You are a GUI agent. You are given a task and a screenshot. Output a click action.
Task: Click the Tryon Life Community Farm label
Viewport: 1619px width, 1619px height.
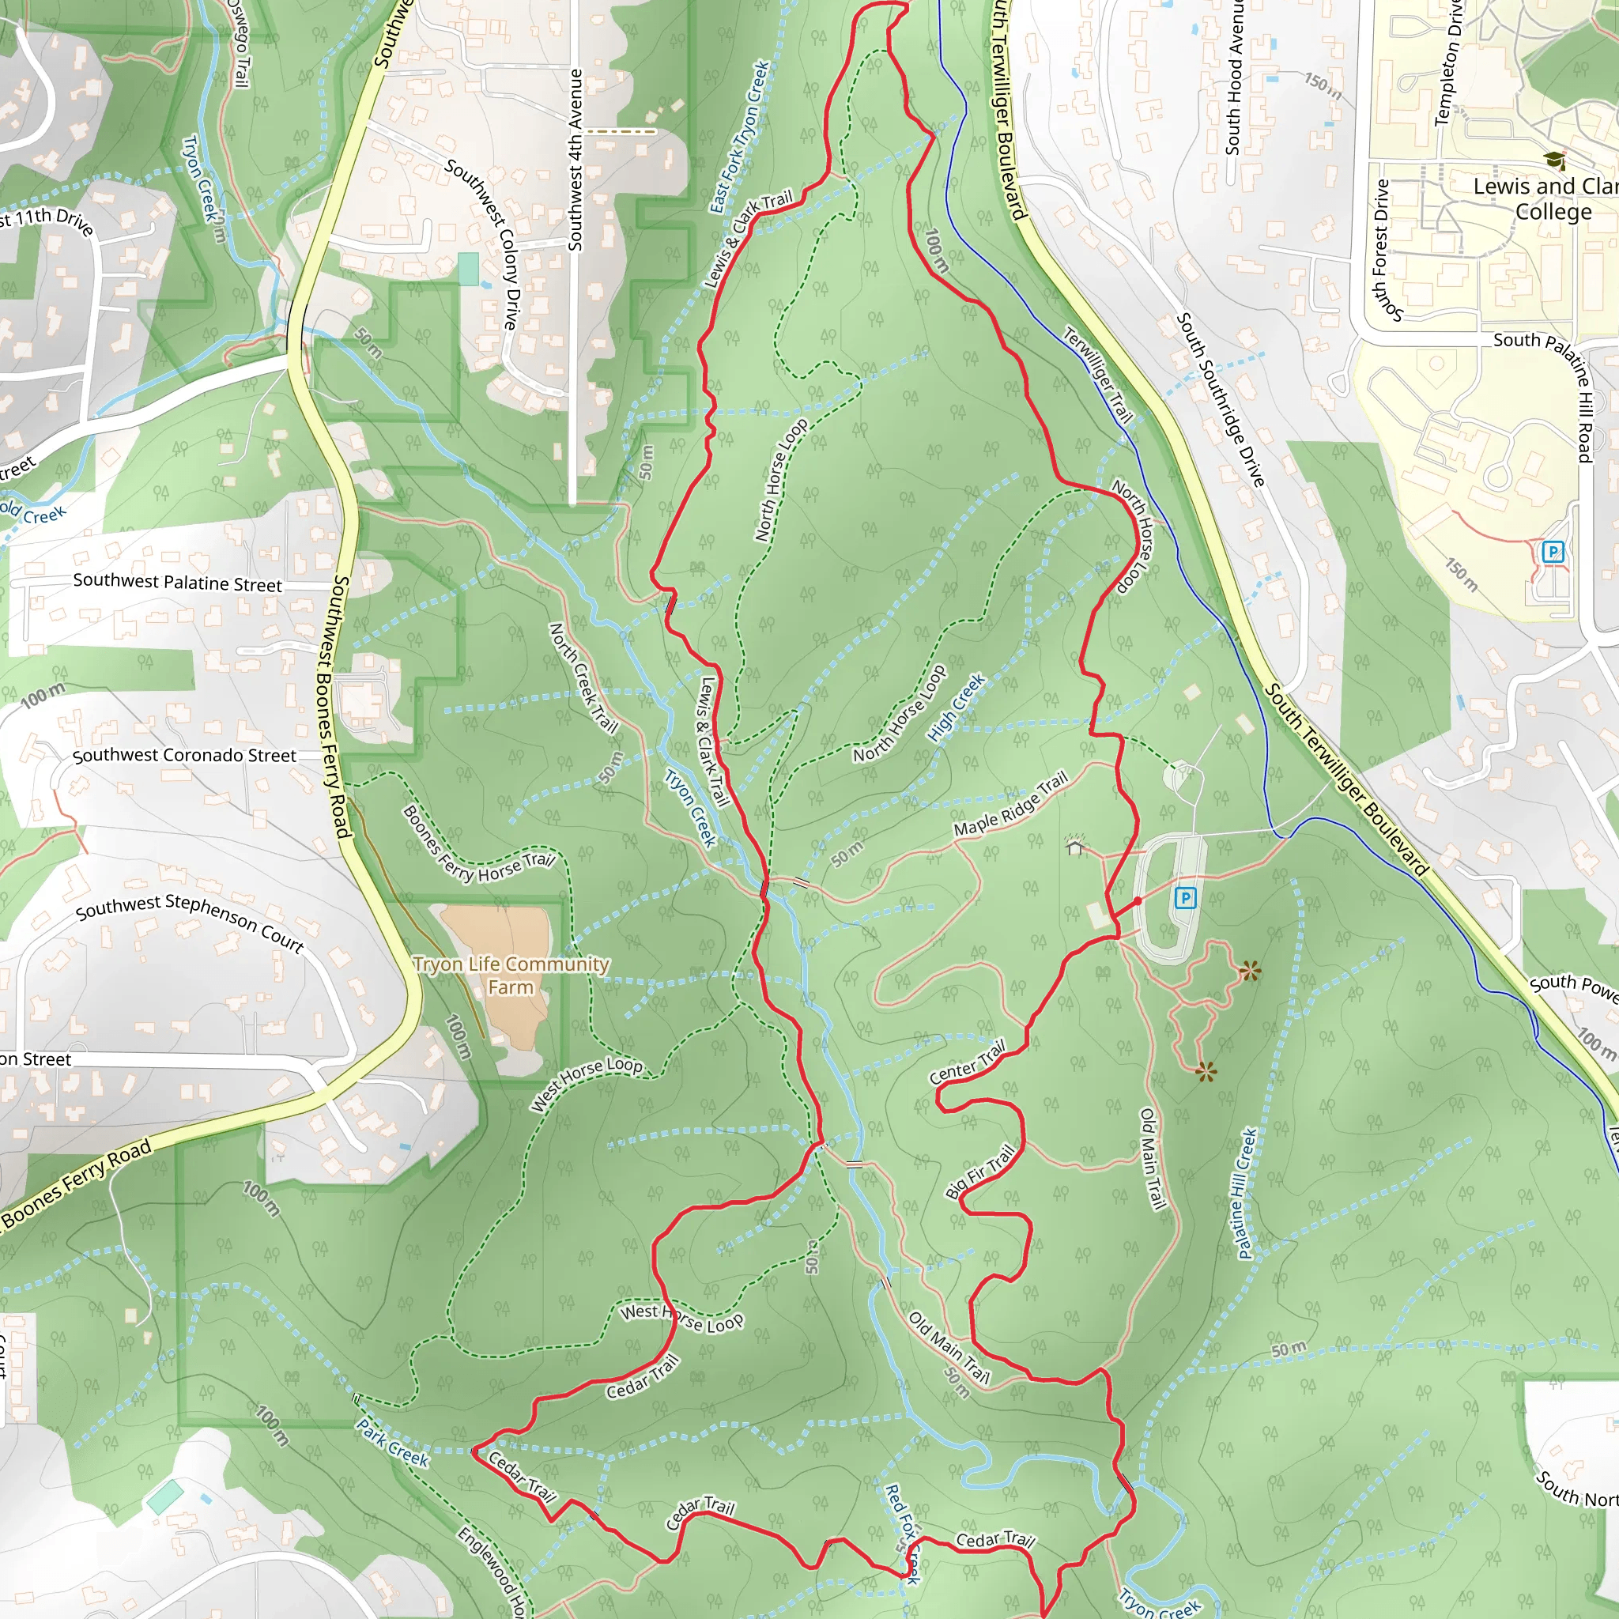[x=511, y=976]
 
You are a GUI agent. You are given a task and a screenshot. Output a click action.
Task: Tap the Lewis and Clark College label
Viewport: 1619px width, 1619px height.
[x=1545, y=198]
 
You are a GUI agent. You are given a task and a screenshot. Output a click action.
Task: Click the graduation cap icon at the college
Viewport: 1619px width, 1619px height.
[x=1554, y=159]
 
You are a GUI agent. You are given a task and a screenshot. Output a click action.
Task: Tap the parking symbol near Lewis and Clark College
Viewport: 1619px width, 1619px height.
[x=1553, y=552]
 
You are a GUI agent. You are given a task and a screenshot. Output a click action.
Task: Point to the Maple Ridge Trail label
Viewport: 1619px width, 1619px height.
[x=1010, y=804]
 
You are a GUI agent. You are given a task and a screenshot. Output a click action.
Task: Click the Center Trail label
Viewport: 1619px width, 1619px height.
[x=967, y=1062]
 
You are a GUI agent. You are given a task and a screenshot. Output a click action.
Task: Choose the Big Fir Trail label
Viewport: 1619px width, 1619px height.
[x=979, y=1172]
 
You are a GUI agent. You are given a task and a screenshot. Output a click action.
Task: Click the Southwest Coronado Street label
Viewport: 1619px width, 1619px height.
[x=184, y=755]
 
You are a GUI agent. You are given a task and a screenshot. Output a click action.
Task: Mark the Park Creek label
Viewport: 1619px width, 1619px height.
[x=393, y=1443]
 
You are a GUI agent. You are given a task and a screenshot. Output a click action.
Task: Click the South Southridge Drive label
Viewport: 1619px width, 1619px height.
[x=1220, y=399]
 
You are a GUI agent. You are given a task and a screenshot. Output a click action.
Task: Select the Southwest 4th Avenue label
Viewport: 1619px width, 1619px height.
[x=575, y=159]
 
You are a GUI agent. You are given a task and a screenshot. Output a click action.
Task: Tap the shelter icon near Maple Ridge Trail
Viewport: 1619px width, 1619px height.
[x=1074, y=846]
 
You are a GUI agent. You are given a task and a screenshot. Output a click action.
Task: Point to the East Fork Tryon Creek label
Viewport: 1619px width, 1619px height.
[x=739, y=137]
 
